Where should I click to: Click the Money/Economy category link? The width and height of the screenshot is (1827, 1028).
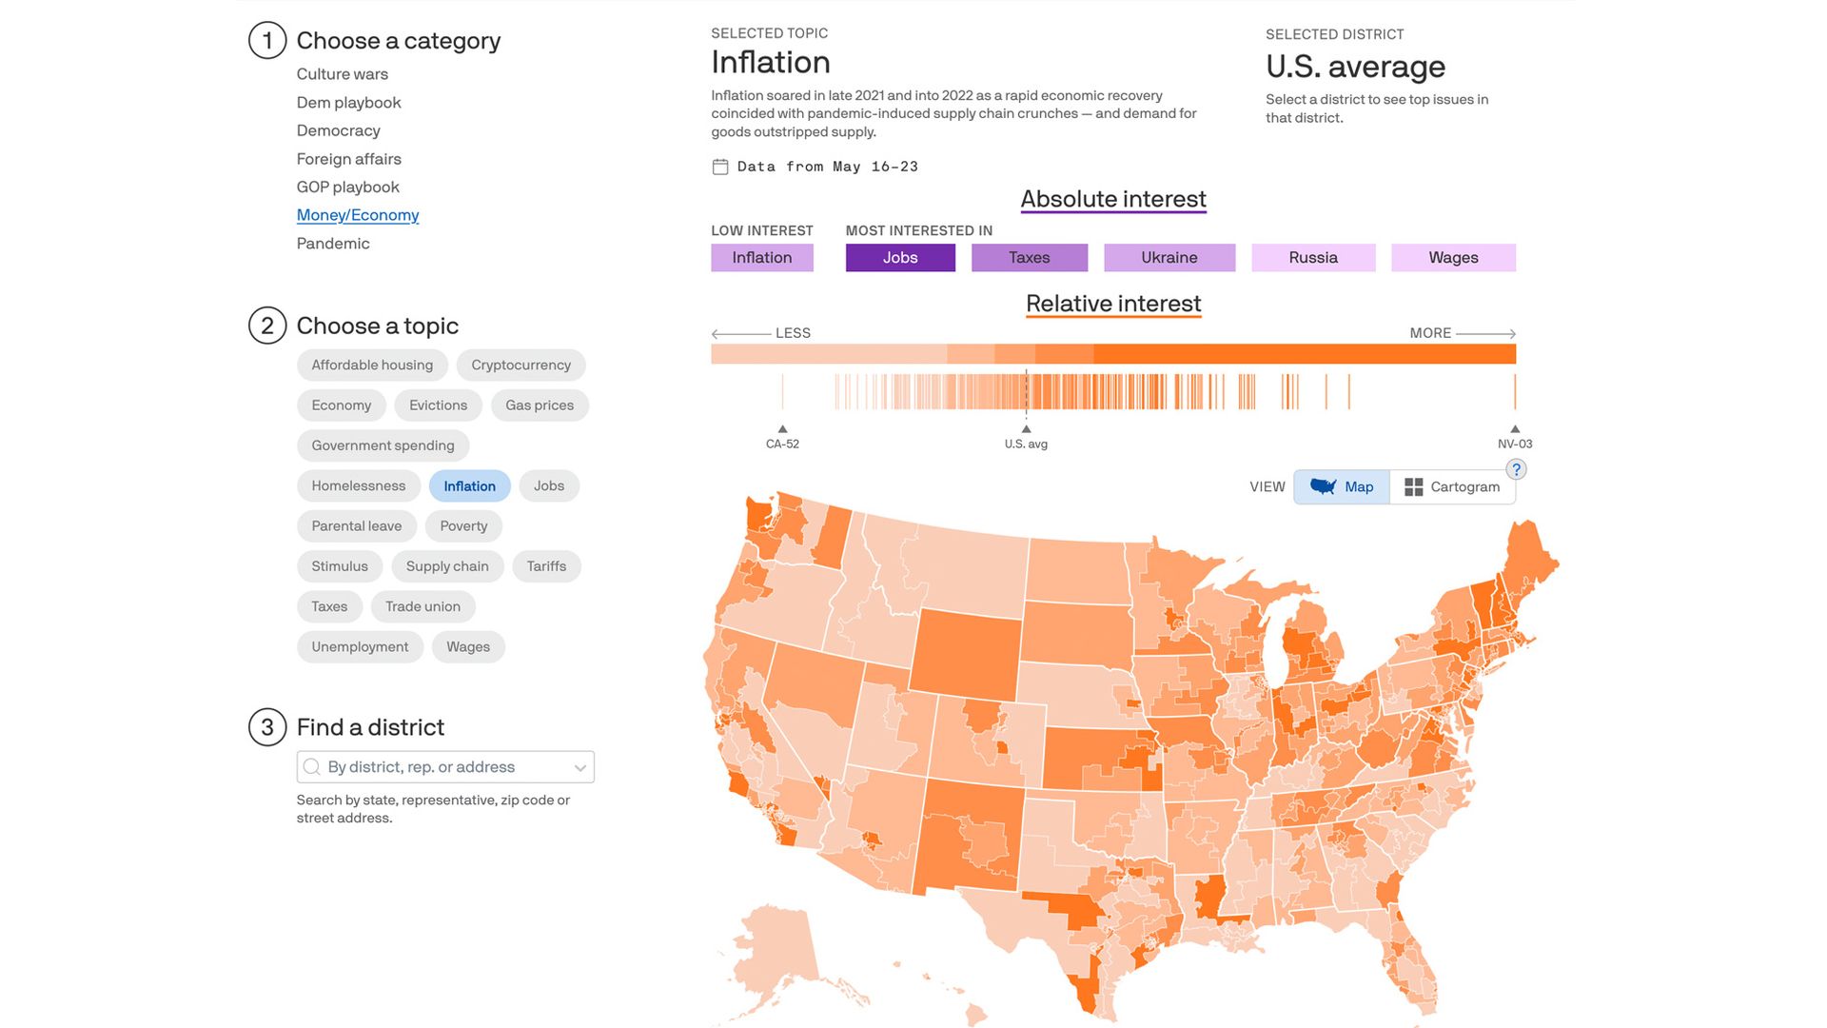click(x=357, y=215)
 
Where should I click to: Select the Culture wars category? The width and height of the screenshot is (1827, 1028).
click(x=342, y=74)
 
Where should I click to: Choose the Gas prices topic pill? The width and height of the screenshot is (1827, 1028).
click(x=539, y=405)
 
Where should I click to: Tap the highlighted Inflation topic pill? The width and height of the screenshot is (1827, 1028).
click(x=469, y=486)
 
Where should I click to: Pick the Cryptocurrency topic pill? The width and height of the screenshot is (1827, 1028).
click(x=521, y=366)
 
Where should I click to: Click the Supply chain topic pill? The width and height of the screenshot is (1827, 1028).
click(x=446, y=566)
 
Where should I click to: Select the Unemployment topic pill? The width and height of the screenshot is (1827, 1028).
click(x=359, y=647)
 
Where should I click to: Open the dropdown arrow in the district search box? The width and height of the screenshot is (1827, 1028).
click(x=580, y=768)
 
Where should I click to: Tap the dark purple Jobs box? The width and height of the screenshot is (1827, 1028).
click(x=899, y=258)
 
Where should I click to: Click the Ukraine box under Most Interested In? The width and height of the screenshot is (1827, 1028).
click(x=1169, y=258)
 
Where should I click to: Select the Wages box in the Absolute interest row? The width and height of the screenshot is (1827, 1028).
click(x=1452, y=258)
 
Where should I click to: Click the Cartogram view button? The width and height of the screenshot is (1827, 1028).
click(x=1452, y=487)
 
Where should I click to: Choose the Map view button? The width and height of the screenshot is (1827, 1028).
click(x=1341, y=487)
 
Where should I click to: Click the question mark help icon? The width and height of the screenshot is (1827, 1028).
click(x=1516, y=469)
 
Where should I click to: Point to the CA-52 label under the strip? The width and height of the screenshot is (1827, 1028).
click(x=782, y=445)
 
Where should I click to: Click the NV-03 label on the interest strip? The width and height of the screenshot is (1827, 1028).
click(x=1514, y=445)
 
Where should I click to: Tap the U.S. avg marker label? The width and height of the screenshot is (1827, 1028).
click(x=1026, y=445)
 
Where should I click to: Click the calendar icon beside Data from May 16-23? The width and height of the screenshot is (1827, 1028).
click(x=720, y=168)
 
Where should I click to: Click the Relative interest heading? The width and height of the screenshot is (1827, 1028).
click(x=1112, y=304)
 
